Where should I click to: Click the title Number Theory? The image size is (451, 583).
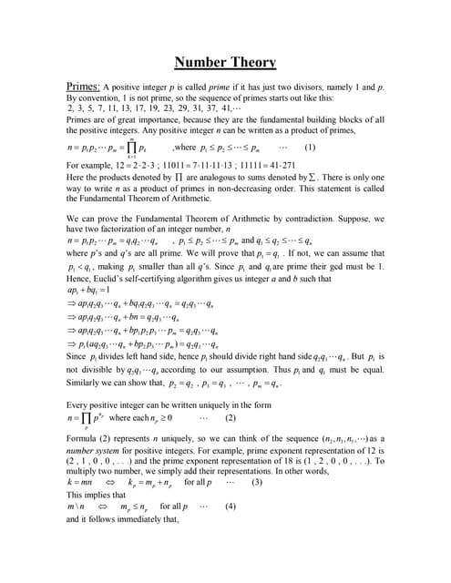pyautogui.click(x=225, y=62)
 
